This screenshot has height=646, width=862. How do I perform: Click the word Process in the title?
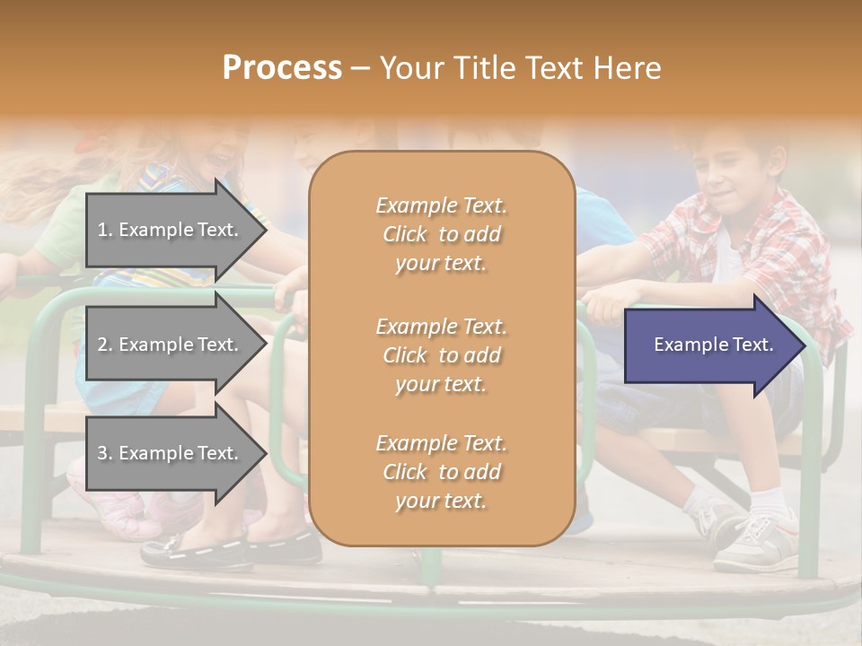click(282, 68)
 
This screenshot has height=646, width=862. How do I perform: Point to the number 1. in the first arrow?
click(105, 230)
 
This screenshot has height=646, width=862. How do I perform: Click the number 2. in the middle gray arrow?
click(105, 345)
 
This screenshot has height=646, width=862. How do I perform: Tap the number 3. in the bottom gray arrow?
click(105, 453)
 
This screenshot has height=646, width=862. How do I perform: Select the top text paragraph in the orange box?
click(441, 234)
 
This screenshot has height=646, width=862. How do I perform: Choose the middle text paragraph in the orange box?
click(441, 355)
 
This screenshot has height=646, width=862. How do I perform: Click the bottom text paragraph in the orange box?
click(441, 472)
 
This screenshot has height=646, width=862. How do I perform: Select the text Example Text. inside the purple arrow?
click(713, 345)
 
